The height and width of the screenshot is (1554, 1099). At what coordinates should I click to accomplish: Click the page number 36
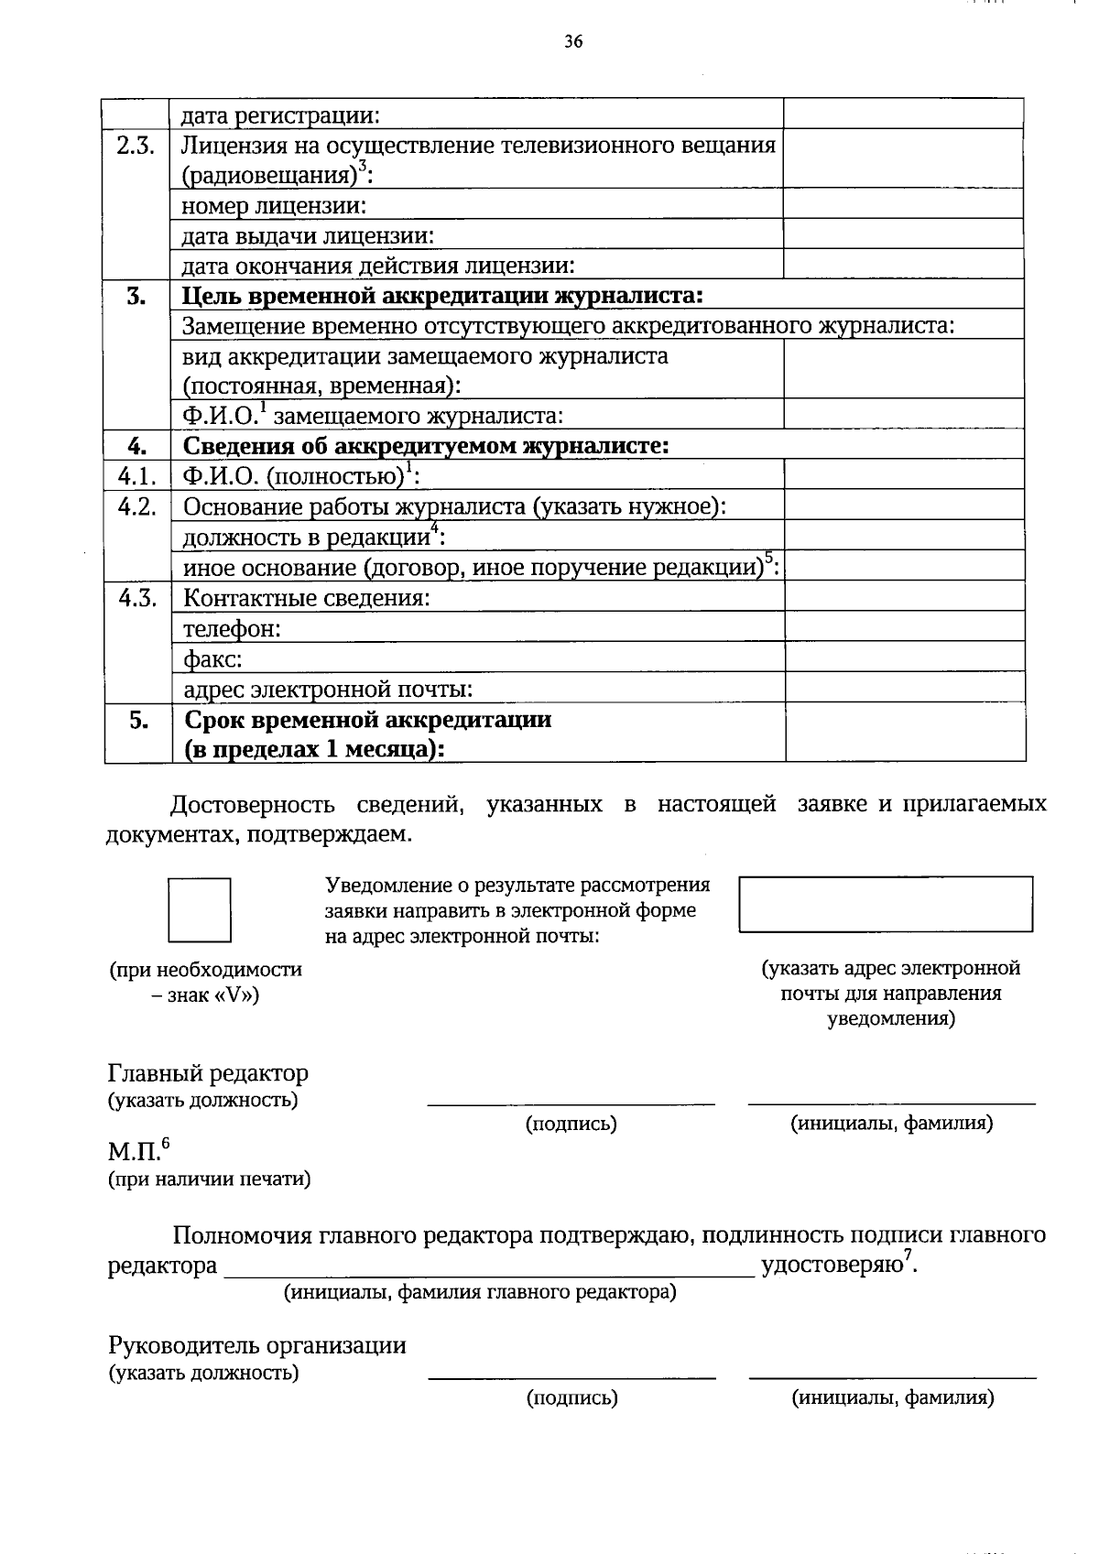coord(574,41)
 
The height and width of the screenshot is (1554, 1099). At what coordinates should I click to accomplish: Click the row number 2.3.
coord(136,146)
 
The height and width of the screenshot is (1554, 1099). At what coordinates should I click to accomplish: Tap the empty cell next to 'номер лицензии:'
coord(903,205)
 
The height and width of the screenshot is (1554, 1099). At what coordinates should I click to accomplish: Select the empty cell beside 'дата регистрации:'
coord(903,114)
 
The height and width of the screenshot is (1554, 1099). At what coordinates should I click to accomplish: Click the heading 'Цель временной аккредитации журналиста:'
coord(442,295)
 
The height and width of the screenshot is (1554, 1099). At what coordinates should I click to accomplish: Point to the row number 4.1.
coord(137,476)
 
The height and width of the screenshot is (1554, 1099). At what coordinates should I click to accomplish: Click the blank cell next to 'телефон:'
coord(904,627)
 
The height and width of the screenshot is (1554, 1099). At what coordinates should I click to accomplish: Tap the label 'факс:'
coord(212,658)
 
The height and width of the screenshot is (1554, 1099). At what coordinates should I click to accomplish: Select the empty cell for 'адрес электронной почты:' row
coord(904,688)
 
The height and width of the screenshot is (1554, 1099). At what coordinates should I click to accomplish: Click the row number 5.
coord(138,720)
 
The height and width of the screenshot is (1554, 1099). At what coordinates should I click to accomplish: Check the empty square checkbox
coord(199,910)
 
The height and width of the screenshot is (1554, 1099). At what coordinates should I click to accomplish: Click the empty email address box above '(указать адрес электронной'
coord(886,904)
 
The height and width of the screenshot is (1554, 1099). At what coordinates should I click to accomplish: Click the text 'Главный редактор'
coord(208,1072)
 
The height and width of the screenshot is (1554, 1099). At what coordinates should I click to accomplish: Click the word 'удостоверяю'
coord(832,1265)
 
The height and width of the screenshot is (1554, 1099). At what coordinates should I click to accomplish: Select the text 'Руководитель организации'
coord(256,1345)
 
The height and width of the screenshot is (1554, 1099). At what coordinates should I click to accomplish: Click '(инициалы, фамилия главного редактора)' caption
coord(480,1292)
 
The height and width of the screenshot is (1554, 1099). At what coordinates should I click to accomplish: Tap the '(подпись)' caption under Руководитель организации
coord(571,1397)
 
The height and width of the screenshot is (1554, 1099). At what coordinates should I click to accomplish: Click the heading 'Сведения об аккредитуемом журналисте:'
coord(426,446)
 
